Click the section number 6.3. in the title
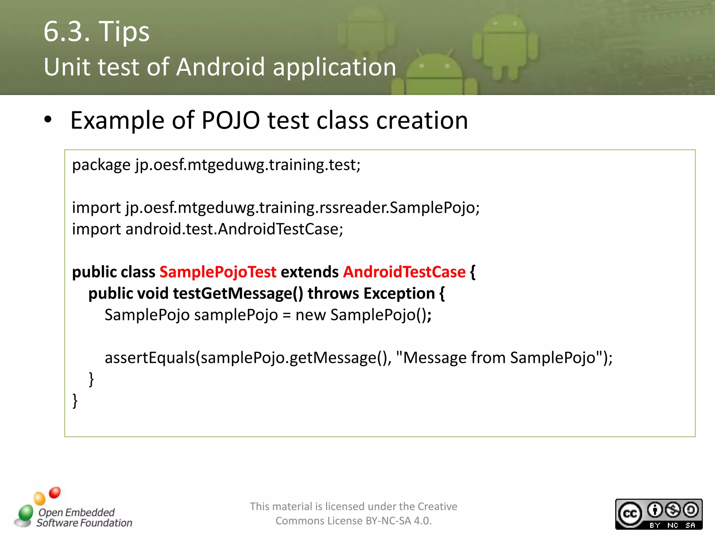pyautogui.click(x=67, y=31)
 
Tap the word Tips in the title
pyautogui.click(x=124, y=31)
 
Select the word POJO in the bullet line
pyautogui.click(x=230, y=120)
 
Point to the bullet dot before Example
pyautogui.click(x=48, y=120)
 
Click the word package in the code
pyautogui.click(x=101, y=165)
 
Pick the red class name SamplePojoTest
pyautogui.click(x=218, y=272)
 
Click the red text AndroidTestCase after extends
pyautogui.click(x=404, y=272)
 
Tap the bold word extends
pyautogui.click(x=310, y=272)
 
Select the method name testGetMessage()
pyautogui.click(x=238, y=293)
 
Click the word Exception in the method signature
pyautogui.click(x=399, y=293)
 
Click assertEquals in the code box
pyautogui.click(x=150, y=358)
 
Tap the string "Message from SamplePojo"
pyautogui.click(x=499, y=358)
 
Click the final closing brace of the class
pyautogui.click(x=75, y=401)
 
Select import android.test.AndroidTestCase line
pyautogui.click(x=207, y=229)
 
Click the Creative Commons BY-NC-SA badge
pyautogui.click(x=658, y=514)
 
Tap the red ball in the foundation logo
pyautogui.click(x=55, y=492)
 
